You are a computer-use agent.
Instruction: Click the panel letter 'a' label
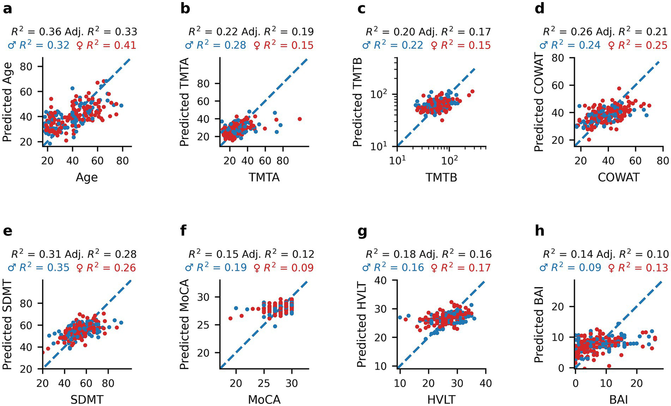tap(7, 8)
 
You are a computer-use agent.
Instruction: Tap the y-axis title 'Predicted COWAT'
tap(539, 103)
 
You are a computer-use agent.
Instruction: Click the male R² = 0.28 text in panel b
tap(215, 45)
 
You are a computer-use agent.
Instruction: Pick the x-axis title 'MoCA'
tap(264, 399)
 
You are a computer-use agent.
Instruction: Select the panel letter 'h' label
tap(539, 231)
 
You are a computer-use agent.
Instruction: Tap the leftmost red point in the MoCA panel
tap(230, 318)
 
